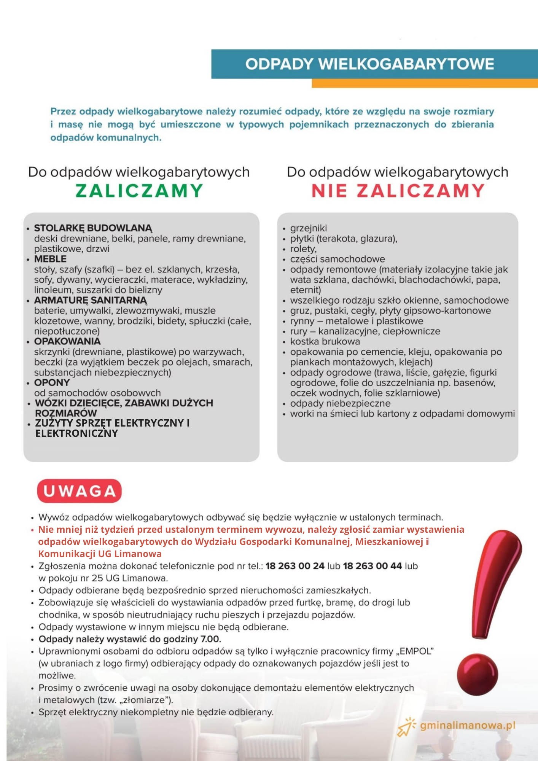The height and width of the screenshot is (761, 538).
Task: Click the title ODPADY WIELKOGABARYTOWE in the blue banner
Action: (x=369, y=64)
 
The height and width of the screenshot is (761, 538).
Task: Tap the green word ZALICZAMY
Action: (x=139, y=191)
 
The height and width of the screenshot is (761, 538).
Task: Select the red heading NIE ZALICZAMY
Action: (x=398, y=191)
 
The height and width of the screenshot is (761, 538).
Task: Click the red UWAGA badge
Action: (x=79, y=491)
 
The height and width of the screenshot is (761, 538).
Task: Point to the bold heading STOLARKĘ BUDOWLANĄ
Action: (x=93, y=228)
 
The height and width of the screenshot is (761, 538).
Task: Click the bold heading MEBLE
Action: (x=50, y=259)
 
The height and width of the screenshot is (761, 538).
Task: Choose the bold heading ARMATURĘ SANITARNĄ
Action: (x=91, y=300)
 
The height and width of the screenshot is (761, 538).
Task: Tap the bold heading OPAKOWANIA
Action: (x=67, y=341)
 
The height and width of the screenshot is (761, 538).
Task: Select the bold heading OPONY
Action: (x=52, y=382)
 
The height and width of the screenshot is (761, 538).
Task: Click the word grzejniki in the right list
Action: (x=308, y=228)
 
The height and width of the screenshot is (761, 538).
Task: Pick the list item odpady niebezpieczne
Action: (x=340, y=403)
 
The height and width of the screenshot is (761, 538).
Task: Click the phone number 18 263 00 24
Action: (x=295, y=566)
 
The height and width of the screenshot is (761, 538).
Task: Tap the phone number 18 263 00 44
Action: (x=372, y=566)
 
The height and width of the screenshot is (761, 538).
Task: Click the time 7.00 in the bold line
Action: (x=210, y=639)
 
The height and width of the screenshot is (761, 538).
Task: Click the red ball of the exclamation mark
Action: (x=478, y=675)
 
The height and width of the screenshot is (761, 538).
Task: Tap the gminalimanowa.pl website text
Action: (x=468, y=725)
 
